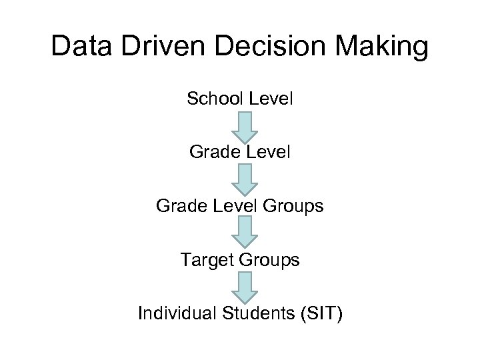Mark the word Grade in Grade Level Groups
(178, 206)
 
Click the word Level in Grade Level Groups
(233, 206)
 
